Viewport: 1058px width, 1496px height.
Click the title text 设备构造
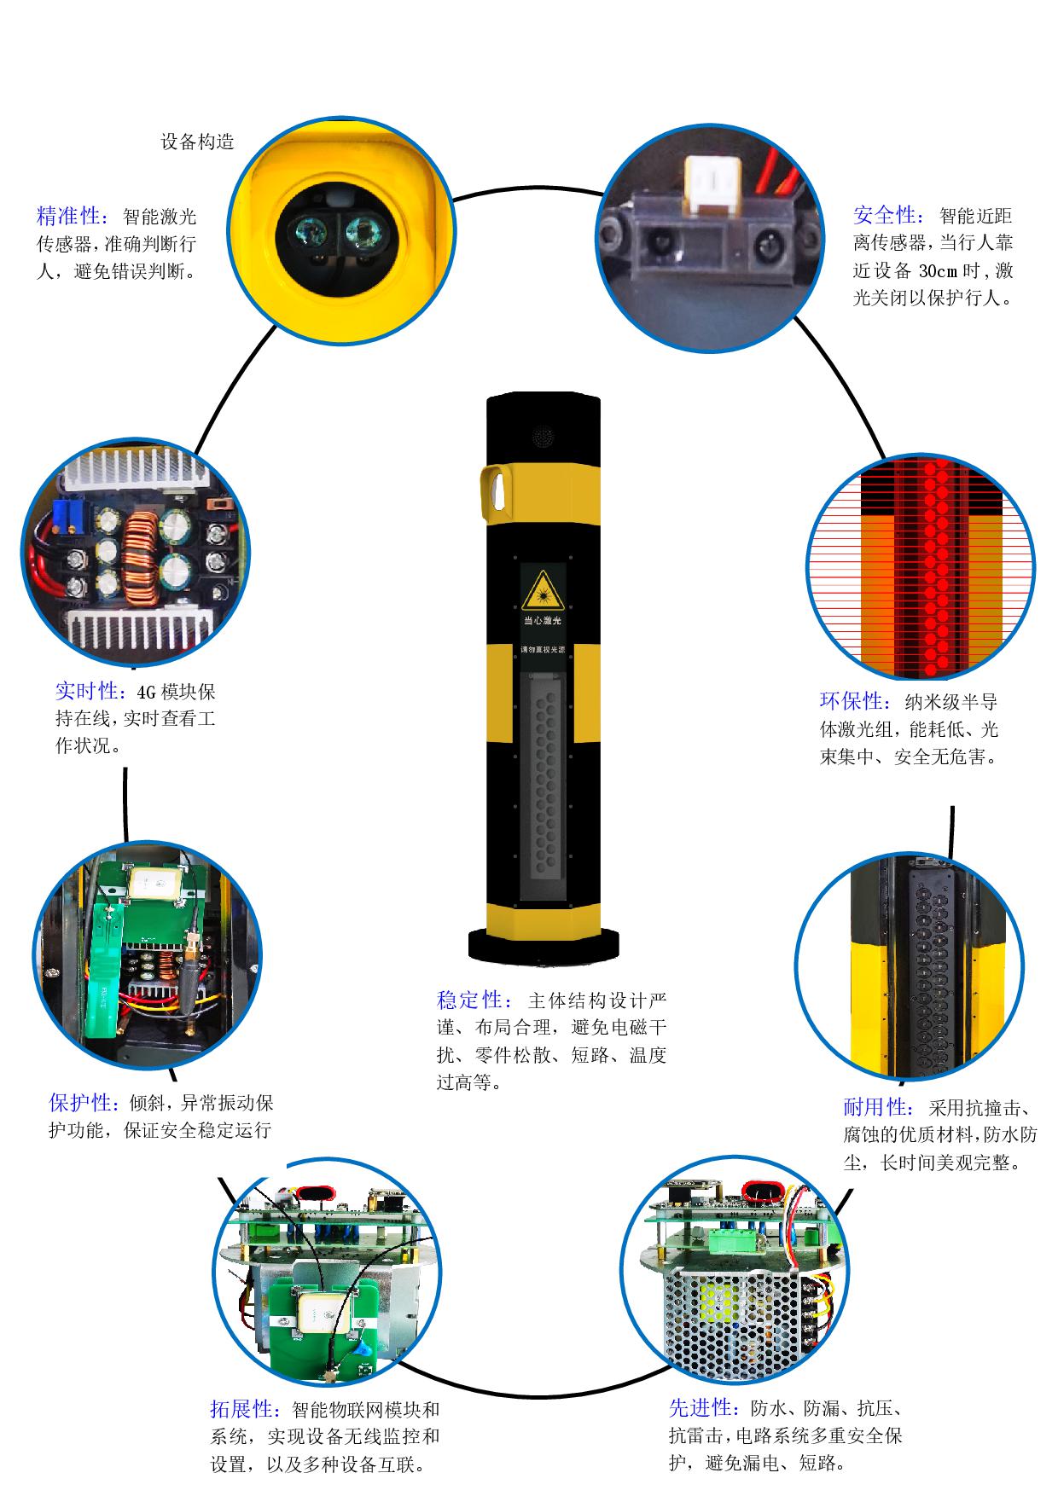[x=197, y=142]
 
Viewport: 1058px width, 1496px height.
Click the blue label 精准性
[x=68, y=216]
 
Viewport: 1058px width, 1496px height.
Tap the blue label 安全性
[x=886, y=216]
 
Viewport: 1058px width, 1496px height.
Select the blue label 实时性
[x=86, y=691]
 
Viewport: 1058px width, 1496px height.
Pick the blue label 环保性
[x=852, y=702]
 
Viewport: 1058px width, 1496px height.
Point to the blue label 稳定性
[x=468, y=1000]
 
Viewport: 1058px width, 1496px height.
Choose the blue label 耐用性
[x=875, y=1107]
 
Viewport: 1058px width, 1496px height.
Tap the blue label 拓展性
[x=241, y=1408]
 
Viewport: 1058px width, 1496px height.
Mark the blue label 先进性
[x=700, y=1406]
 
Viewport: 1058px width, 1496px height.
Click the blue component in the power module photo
[x=64, y=513]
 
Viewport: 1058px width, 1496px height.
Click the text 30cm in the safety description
[x=939, y=271]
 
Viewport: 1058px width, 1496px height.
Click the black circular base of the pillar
[x=544, y=946]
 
